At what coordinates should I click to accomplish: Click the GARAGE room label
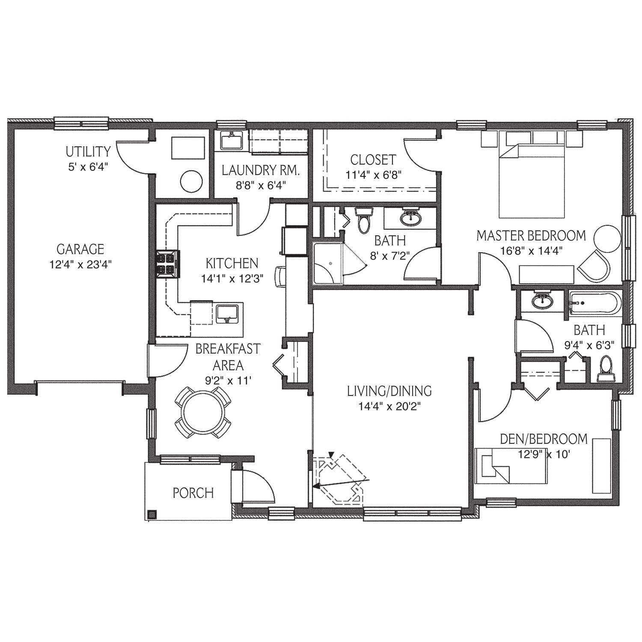80,249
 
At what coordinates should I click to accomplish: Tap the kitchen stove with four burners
168,265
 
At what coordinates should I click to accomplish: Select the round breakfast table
203,412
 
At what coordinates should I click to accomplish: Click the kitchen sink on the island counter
227,314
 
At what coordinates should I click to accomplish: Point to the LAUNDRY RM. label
261,170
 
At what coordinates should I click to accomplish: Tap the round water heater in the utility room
191,182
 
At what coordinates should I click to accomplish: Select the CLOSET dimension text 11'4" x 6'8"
373,175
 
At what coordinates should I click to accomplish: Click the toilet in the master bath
364,220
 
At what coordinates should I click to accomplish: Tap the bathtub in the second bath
594,303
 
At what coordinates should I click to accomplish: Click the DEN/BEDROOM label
544,439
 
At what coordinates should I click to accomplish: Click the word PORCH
193,493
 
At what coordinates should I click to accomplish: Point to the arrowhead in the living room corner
317,486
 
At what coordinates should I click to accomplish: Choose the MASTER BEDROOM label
531,235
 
